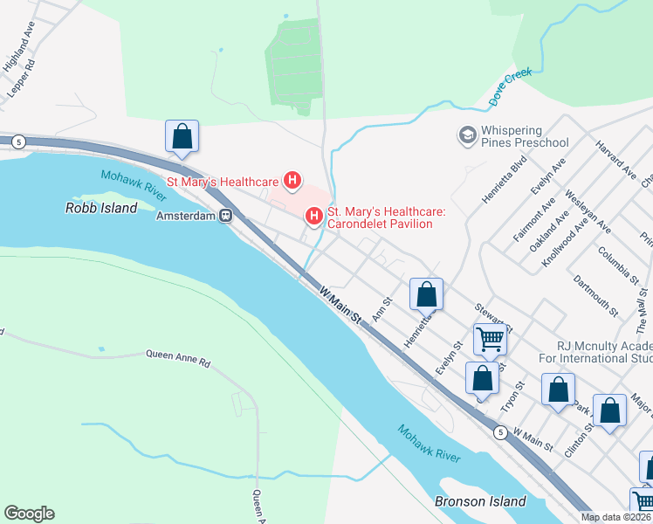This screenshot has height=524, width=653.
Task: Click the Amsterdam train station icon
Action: [225, 216]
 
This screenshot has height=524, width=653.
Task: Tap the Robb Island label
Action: [101, 208]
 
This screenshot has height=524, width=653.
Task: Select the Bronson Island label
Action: [480, 501]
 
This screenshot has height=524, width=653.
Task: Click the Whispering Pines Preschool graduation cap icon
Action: [465, 135]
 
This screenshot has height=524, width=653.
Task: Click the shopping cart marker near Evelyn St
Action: [490, 339]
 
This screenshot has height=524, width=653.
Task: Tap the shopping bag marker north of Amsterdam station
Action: [182, 136]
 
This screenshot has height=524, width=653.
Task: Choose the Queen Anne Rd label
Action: [178, 358]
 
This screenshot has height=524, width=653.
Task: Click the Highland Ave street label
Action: [17, 52]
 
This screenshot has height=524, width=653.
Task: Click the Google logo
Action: [29, 514]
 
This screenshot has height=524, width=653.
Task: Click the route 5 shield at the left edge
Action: [17, 141]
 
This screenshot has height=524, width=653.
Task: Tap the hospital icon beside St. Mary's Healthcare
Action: [293, 182]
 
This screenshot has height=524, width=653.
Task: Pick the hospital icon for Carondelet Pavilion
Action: [313, 215]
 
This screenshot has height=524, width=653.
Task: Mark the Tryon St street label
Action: [512, 396]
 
